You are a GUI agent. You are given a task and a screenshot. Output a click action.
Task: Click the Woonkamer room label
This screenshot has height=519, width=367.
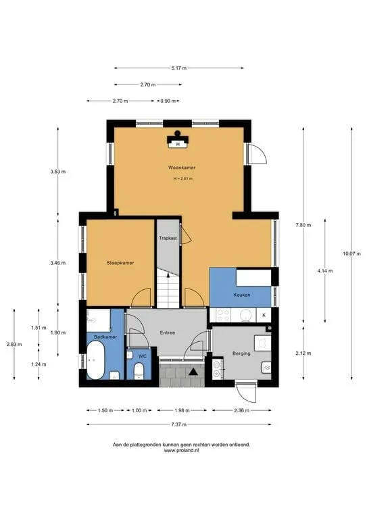(182, 168)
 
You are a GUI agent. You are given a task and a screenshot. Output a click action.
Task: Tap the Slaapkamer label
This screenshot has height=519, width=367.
(120, 263)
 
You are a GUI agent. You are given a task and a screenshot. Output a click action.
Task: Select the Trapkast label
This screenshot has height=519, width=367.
(168, 238)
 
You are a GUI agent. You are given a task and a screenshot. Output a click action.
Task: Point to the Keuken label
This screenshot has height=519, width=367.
(241, 295)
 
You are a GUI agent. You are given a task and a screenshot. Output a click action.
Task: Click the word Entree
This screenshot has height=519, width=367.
(168, 332)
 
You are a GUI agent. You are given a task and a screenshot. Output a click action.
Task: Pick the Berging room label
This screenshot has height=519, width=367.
(241, 353)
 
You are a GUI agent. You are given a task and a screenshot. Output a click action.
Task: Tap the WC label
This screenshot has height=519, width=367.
(143, 356)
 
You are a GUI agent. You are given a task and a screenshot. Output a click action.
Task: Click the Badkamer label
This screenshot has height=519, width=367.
(105, 337)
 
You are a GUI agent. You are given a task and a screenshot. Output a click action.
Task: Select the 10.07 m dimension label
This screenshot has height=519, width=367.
(351, 253)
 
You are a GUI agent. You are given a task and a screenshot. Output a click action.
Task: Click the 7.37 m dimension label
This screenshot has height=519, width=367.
(178, 424)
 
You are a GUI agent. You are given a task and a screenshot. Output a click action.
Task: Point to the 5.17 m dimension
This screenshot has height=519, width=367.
(178, 68)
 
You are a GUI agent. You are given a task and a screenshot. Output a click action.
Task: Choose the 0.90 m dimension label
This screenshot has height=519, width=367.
(168, 101)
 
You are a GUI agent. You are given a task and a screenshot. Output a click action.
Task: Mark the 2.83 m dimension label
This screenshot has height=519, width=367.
(14, 344)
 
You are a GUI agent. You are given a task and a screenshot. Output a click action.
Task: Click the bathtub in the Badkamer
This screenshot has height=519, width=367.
(96, 360)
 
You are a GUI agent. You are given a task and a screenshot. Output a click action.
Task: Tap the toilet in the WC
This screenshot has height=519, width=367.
(139, 371)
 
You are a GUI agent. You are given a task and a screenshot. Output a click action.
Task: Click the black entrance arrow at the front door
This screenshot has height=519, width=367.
(193, 372)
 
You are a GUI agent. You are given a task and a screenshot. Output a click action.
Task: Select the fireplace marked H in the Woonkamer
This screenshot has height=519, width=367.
(178, 141)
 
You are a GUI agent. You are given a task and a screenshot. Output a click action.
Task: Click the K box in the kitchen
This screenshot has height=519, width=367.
(264, 315)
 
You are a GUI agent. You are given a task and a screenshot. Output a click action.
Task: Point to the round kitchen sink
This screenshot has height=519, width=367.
(245, 315)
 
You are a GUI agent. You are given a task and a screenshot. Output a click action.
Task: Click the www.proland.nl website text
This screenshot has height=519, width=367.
(181, 450)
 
